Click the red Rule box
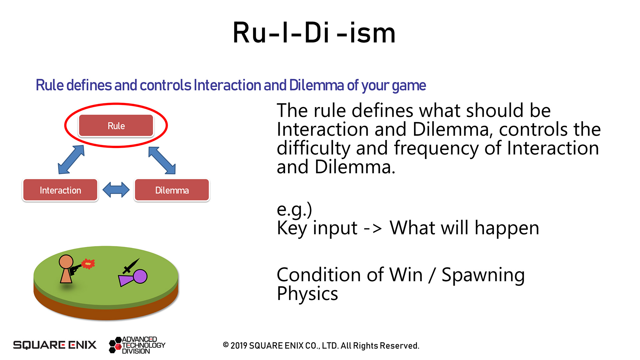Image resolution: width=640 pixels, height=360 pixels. click(x=116, y=126)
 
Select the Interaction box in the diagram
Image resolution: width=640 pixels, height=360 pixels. click(x=60, y=190)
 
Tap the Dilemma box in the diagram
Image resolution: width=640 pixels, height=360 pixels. click(x=172, y=190)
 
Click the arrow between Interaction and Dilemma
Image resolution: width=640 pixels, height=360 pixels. click(x=116, y=190)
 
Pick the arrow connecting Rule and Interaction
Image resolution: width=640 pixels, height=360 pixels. click(x=71, y=159)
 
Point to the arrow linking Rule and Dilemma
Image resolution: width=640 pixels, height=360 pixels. click(x=162, y=160)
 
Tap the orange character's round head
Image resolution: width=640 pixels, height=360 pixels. click(x=66, y=262)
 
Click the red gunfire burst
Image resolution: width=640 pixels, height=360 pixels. click(x=88, y=264)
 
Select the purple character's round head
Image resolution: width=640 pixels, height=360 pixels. click(x=140, y=276)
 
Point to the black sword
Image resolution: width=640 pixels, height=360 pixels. click(x=131, y=266)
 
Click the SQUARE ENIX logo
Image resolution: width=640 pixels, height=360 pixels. click(x=55, y=345)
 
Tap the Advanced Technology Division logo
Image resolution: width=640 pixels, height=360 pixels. click(x=137, y=345)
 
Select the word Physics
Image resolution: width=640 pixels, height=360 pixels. click(x=307, y=294)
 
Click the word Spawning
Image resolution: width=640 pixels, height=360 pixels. click(x=483, y=275)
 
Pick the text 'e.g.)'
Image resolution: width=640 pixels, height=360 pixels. click(x=294, y=209)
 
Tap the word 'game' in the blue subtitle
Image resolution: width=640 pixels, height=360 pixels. click(x=409, y=86)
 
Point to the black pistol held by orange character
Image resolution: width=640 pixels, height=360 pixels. click(x=75, y=268)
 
